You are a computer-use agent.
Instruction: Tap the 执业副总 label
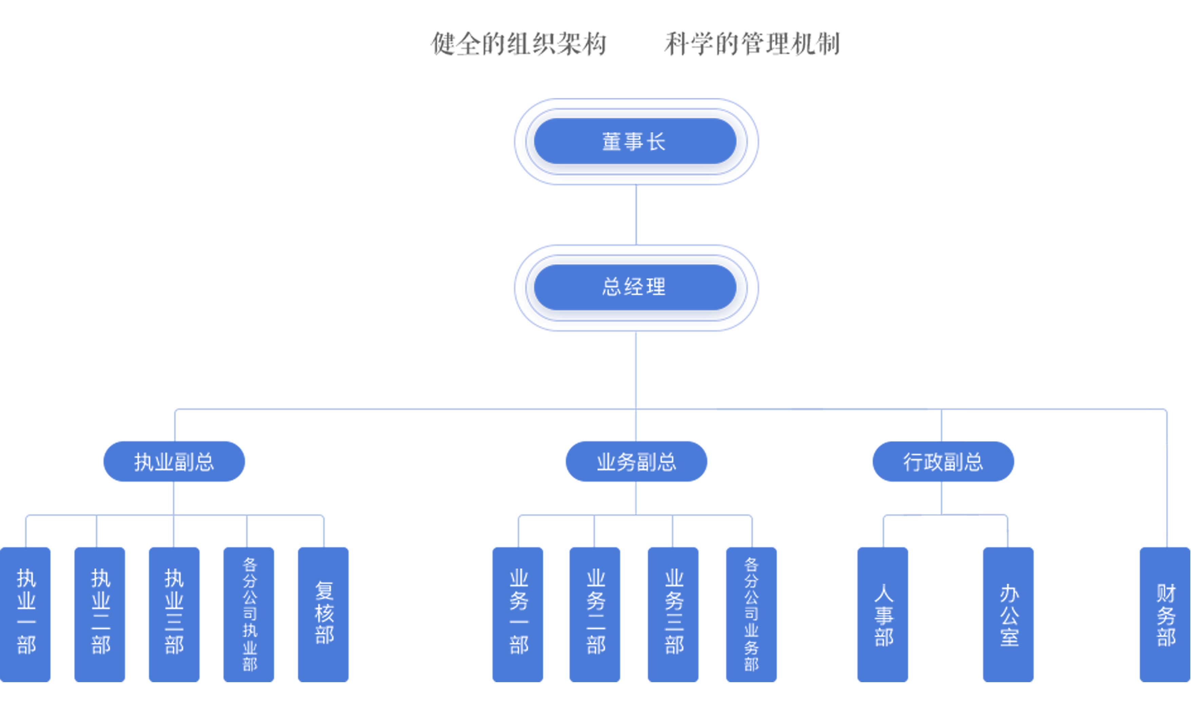pos(174,462)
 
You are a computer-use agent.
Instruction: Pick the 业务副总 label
pos(637,462)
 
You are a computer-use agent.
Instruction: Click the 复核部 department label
pos(325,612)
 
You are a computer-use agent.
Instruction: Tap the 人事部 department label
pos(884,615)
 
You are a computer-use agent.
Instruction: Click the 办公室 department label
pos(1010,615)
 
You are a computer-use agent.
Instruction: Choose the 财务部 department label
pos(1166,615)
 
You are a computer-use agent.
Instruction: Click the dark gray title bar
pos(635,44)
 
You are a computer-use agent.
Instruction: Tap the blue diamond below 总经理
pos(636,370)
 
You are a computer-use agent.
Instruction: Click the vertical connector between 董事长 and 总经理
pos(635,216)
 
